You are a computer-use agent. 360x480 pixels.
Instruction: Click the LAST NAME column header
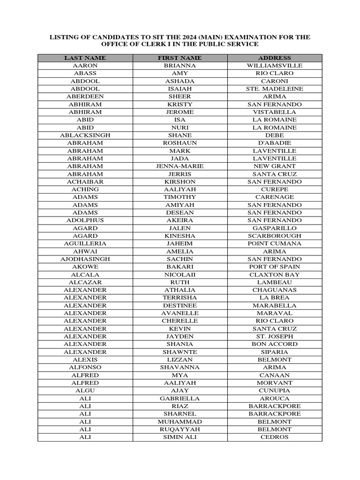click(x=85, y=58)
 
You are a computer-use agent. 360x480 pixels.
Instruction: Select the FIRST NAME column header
click(x=180, y=58)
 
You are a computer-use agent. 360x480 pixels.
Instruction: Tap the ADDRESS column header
click(x=275, y=58)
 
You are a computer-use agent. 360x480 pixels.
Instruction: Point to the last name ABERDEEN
click(x=85, y=97)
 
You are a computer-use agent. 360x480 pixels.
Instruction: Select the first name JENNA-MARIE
click(x=180, y=166)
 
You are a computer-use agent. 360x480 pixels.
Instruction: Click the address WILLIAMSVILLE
click(x=275, y=66)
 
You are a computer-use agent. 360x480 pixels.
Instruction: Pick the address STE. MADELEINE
click(x=275, y=89)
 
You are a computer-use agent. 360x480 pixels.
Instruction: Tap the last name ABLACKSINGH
click(x=85, y=135)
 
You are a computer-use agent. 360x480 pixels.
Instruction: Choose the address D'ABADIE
click(x=275, y=143)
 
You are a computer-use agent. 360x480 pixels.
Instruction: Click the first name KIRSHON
click(x=180, y=181)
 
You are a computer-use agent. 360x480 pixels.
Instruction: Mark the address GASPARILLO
click(x=275, y=228)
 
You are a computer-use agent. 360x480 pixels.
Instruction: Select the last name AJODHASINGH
click(x=85, y=259)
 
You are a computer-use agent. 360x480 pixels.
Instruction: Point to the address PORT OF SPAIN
click(x=275, y=267)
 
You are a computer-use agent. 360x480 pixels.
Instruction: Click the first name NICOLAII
click(x=180, y=274)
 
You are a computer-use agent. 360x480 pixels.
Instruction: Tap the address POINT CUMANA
click(x=275, y=243)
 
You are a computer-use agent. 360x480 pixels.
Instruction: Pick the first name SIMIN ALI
click(x=180, y=437)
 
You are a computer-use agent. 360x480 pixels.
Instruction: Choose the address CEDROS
click(x=275, y=437)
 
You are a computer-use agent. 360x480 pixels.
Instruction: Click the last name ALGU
click(x=85, y=390)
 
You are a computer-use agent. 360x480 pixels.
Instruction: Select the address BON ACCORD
click(x=275, y=344)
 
